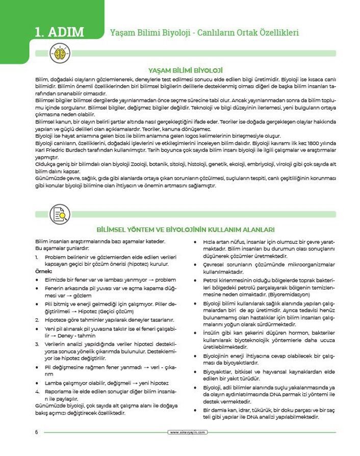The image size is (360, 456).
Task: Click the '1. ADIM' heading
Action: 59,32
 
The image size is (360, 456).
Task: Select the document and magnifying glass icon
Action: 60,214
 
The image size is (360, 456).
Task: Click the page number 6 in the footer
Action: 37,432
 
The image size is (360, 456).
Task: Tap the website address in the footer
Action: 188,432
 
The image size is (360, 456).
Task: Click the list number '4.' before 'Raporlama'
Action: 38,391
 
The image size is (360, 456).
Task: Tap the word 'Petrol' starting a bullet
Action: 212,280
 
